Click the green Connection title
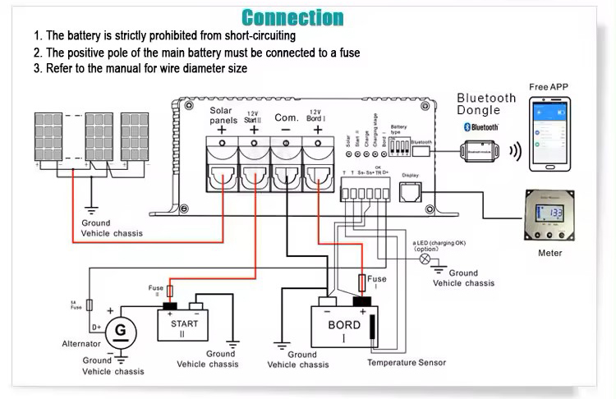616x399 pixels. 292,17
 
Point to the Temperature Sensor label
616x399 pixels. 406,362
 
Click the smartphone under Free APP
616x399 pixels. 549,133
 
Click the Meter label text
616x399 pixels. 549,253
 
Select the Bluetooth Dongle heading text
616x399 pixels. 486,103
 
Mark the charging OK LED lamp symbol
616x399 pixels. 425,259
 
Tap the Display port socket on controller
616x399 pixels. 410,193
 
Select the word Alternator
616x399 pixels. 81,344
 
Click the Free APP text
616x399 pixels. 548,87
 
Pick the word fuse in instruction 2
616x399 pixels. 348,53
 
